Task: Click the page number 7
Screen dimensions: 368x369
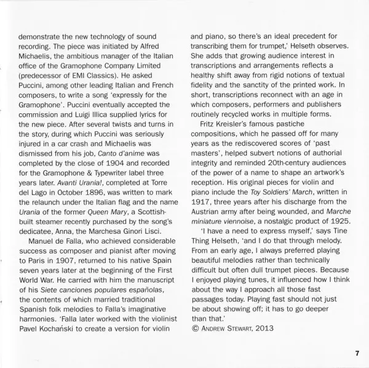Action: click(356, 353)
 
